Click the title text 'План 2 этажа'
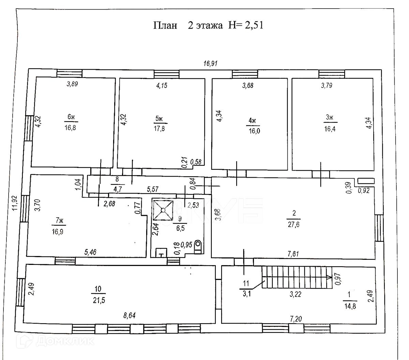pos(187,26)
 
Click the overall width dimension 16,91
pos(210,63)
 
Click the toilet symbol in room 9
pos(199,247)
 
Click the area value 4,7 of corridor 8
pos(117,190)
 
